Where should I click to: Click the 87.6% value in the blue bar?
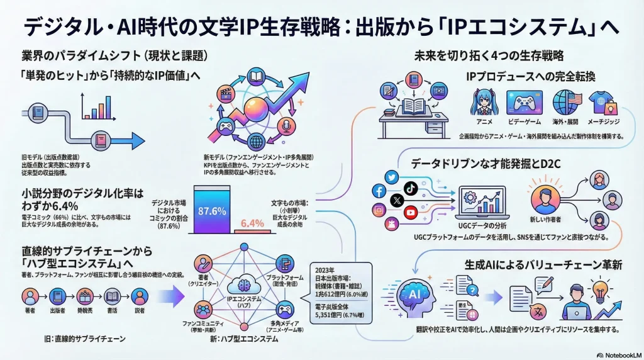coord(212,211)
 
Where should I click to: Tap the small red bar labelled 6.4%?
coord(252,223)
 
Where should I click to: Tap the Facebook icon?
coord(379,191)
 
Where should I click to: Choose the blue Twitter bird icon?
coord(390,177)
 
